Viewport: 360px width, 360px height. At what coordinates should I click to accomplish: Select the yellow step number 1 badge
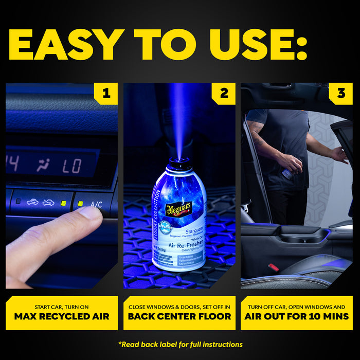pyautogui.click(x=106, y=94)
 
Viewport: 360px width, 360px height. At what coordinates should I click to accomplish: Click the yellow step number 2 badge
pyautogui.click(x=224, y=94)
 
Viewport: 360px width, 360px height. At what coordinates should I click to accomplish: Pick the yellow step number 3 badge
pyautogui.click(x=341, y=94)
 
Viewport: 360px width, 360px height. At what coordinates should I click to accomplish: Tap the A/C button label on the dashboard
pyautogui.click(x=96, y=204)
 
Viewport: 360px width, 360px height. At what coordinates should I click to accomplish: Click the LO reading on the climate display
pyautogui.click(x=73, y=166)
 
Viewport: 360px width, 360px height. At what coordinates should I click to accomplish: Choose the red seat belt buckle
pyautogui.click(x=274, y=267)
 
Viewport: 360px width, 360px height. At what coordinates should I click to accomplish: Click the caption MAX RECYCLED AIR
pyautogui.click(x=62, y=316)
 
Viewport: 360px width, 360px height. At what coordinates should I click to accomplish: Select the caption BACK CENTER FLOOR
pyautogui.click(x=179, y=316)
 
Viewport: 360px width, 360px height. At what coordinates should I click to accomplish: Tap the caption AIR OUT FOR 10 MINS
pyautogui.click(x=297, y=316)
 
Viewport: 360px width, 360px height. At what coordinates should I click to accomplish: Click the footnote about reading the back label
pyautogui.click(x=180, y=344)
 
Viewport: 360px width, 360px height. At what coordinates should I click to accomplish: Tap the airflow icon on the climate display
pyautogui.click(x=43, y=165)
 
